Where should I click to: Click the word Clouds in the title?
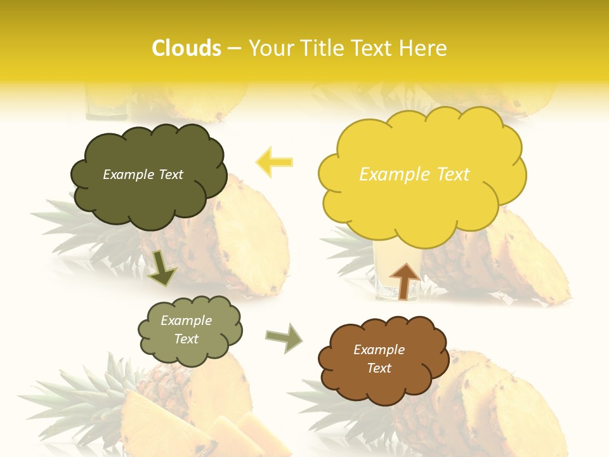187,48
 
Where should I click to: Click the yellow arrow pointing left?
274,162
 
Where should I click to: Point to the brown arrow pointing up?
404,281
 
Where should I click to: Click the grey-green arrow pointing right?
284,337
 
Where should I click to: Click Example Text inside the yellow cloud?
414,175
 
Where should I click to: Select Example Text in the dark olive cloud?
143,175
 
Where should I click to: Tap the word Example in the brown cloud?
379,350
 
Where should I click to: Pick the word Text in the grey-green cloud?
186,339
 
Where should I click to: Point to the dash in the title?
234,49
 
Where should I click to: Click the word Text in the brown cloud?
379,368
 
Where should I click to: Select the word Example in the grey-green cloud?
186,321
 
